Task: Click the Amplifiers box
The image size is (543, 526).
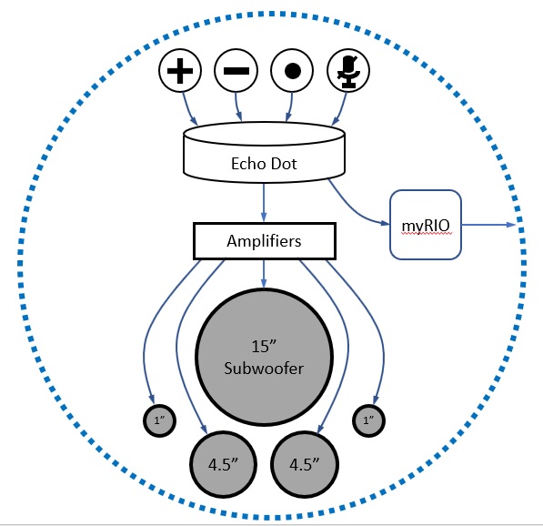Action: coord(264,242)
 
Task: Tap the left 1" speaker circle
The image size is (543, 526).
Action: coord(159,420)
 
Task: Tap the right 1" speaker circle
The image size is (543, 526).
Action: coord(367,420)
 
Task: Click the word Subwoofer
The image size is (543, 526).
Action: coord(263,369)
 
